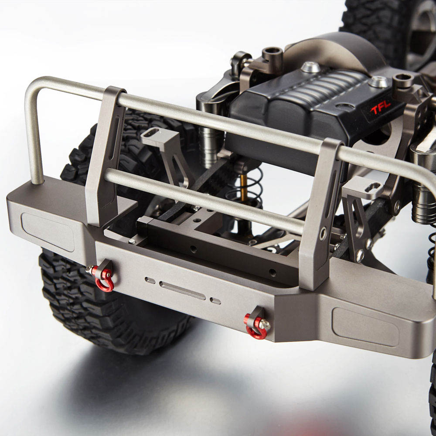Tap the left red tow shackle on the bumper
click(103, 279)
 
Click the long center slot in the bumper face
click(182, 290)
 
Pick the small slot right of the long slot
click(215, 301)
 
